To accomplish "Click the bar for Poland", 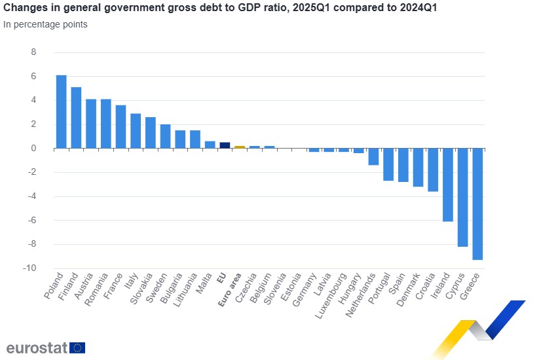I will point(61,112).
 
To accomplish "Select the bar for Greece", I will point(477,204).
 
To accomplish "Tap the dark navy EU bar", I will point(225,145).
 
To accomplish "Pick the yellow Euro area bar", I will point(240,147).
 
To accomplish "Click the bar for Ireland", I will point(448,185).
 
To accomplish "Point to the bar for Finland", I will point(76,118).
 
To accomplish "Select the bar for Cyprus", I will point(462,197).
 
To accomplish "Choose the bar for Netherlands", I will point(373,156).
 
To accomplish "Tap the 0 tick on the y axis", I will point(34,149).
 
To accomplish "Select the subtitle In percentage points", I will point(45,25).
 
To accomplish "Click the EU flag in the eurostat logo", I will point(77,348).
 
